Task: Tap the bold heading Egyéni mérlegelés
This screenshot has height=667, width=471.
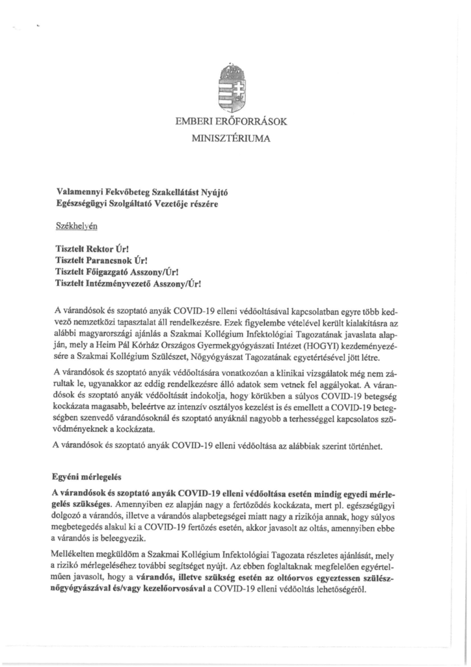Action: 87,477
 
